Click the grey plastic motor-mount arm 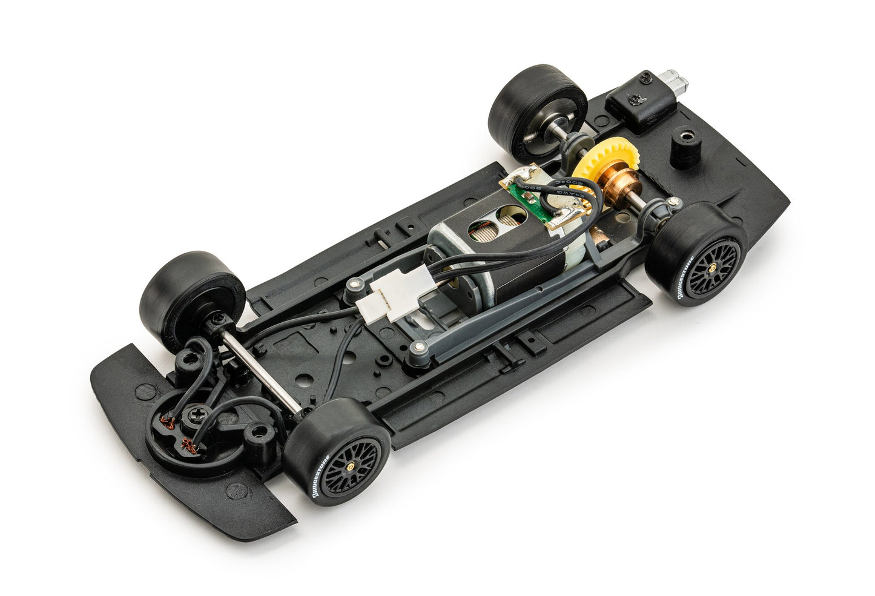click(x=503, y=315)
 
